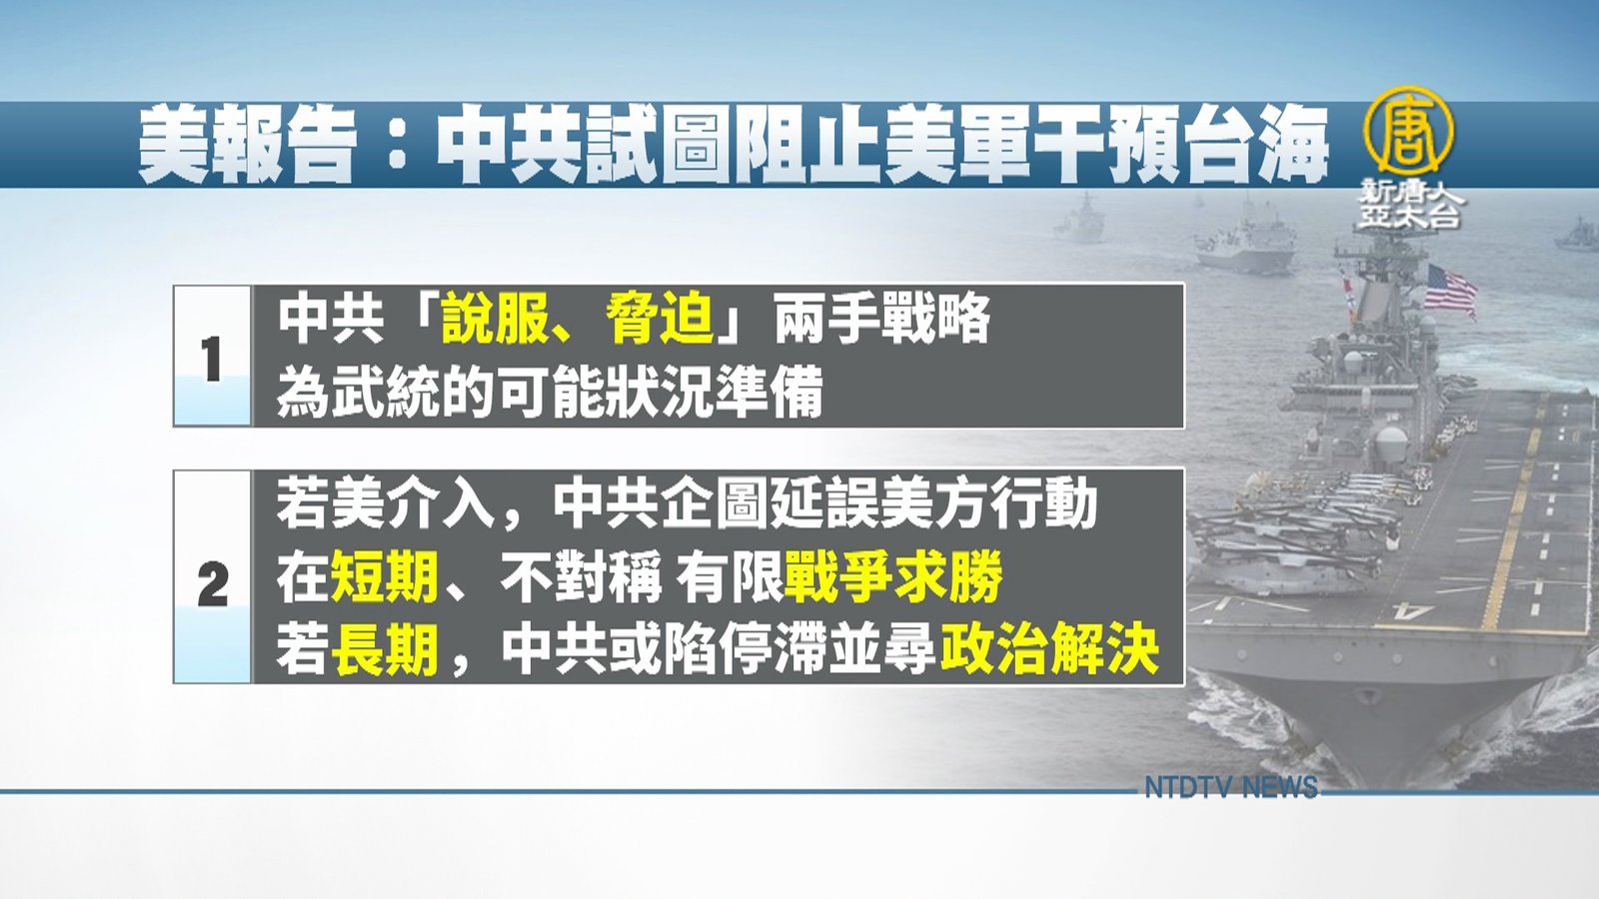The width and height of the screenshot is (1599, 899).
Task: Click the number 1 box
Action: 212,356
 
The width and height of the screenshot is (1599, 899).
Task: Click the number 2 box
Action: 212,576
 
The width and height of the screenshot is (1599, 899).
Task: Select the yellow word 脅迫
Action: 661,320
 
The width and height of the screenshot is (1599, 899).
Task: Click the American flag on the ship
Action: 1450,291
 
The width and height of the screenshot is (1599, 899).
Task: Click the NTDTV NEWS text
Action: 1231,787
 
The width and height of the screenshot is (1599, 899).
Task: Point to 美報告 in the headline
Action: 246,147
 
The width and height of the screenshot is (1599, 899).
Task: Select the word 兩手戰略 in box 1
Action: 883,320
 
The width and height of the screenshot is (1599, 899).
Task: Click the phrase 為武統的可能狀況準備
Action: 550,394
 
